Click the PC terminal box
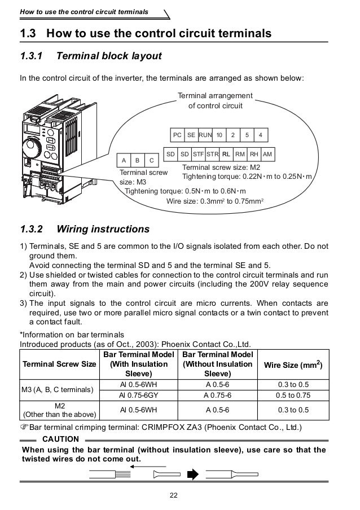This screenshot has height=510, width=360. point(177,135)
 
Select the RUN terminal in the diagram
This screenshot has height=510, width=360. point(205,135)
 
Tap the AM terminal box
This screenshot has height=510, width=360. point(267,153)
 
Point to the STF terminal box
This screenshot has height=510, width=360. point(198,153)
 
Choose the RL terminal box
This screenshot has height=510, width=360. point(226,153)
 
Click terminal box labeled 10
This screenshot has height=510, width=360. point(219,135)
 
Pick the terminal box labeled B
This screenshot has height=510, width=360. point(137,160)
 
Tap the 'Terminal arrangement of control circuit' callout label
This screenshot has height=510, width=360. point(215,100)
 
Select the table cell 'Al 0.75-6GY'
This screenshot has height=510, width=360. point(138,394)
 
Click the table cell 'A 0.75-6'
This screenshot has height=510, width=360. point(216,394)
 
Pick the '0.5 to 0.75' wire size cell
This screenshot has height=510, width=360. point(298,394)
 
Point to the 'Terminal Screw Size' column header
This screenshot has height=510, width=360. point(59,364)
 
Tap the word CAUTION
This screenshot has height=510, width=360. point(61,438)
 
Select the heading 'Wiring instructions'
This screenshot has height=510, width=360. point(103,230)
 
